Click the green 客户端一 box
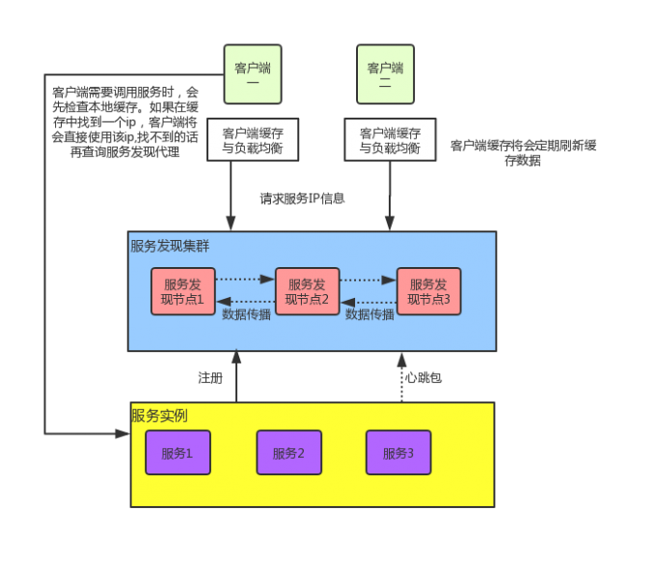(252, 74)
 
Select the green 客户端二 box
(385, 74)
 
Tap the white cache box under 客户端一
(253, 141)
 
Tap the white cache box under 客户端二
(390, 141)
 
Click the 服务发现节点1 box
(182, 291)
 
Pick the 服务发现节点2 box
(307, 291)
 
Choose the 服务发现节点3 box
(428, 291)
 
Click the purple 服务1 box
(177, 453)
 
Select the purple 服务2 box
(288, 453)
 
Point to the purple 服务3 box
(398, 453)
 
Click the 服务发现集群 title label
(170, 246)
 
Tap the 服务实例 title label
(159, 417)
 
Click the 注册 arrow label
(210, 378)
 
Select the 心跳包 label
(424, 378)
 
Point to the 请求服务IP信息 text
(303, 199)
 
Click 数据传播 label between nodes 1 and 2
(246, 314)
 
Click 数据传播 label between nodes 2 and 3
(369, 314)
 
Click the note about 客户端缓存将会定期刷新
(523, 152)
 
